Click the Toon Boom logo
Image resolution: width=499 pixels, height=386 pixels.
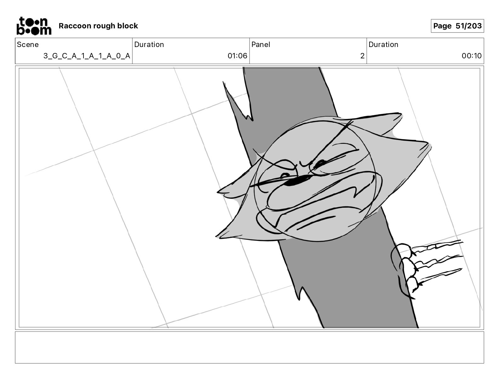pos(34,26)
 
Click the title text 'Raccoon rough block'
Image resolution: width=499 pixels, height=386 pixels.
pos(98,26)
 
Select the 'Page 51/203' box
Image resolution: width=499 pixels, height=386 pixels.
pos(457,26)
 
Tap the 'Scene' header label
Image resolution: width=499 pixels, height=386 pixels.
pos(28,44)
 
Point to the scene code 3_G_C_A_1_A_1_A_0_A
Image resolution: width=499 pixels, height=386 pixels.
pos(87,56)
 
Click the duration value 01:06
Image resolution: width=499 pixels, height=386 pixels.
pos(237,56)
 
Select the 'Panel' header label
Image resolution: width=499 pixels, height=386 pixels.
pos(261,44)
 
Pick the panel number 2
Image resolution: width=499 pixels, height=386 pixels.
pos(362,56)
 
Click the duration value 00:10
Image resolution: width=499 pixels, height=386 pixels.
pos(471,56)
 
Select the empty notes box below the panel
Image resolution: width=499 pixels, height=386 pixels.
pos(249,347)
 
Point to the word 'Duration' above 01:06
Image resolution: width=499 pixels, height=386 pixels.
pos(149,44)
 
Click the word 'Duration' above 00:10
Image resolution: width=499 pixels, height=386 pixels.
pos(383,44)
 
